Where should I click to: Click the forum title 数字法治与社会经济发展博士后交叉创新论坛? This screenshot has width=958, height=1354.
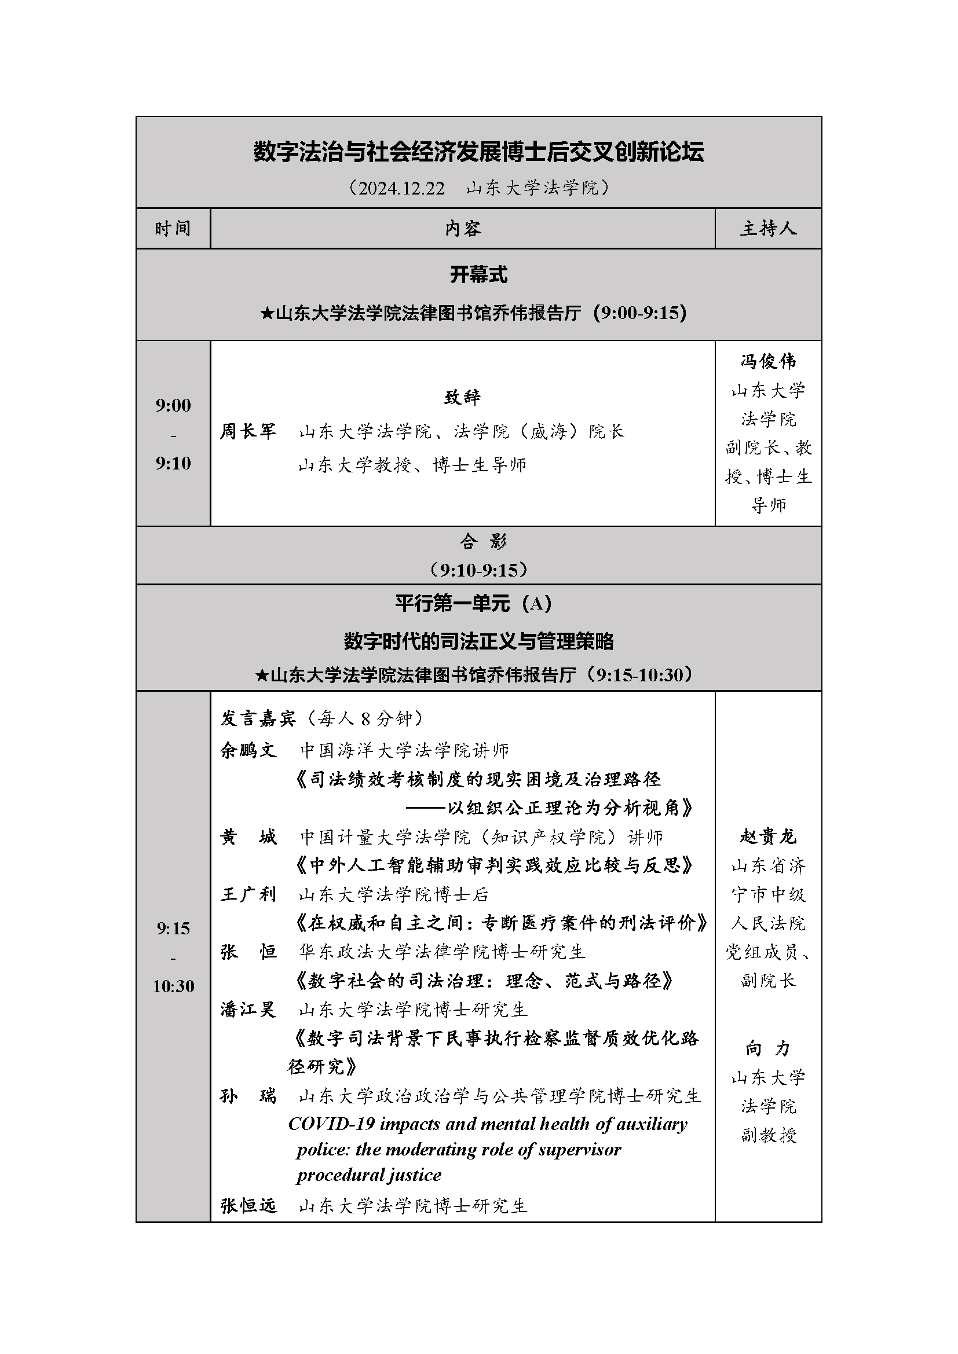pyautogui.click(x=478, y=152)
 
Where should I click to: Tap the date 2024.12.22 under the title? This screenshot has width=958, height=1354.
pyautogui.click(x=401, y=188)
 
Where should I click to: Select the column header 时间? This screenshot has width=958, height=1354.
pyautogui.click(x=173, y=228)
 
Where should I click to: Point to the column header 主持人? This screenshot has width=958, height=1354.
pyautogui.click(x=768, y=228)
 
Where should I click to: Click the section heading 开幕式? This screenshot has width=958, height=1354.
pyautogui.click(x=478, y=274)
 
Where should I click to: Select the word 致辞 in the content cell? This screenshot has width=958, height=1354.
pyautogui.click(x=462, y=397)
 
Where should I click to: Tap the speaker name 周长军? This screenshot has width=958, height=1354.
pyautogui.click(x=248, y=431)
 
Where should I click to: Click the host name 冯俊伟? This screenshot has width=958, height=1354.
pyautogui.click(x=768, y=361)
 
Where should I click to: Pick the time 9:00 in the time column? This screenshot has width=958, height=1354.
pyautogui.click(x=173, y=405)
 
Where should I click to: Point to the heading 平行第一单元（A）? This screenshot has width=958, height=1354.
pyautogui.click(x=474, y=603)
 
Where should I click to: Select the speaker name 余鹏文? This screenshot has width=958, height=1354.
pyautogui.click(x=248, y=750)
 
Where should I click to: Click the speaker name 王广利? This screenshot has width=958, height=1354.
pyautogui.click(x=248, y=894)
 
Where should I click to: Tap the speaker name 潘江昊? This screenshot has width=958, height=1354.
pyautogui.click(x=248, y=1010)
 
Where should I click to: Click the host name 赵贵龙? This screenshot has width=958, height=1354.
pyautogui.click(x=768, y=836)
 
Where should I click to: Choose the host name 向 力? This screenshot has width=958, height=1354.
pyautogui.click(x=768, y=1048)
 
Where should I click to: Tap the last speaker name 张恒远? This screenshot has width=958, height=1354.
pyautogui.click(x=248, y=1206)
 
